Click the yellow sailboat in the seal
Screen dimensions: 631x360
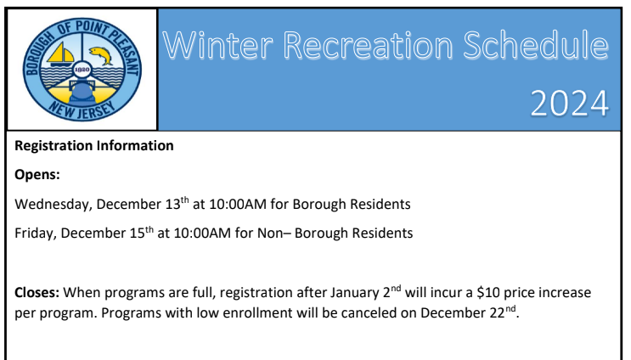pos(60,53)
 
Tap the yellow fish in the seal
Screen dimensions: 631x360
pos(101,55)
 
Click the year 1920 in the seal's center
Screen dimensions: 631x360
pos(82,70)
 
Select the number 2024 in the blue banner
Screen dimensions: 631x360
pos(570,104)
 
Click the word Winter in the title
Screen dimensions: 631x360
pos(217,45)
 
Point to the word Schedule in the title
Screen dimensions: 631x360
pos(536,45)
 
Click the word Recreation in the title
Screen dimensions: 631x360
pos(368,45)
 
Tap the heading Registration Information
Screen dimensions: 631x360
pos(94,145)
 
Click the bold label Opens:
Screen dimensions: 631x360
pos(37,175)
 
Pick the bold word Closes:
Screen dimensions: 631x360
pos(37,292)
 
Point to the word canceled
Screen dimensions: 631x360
pos(362,313)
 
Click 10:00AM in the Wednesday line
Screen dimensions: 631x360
pos(238,205)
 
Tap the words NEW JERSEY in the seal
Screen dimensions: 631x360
pos(82,110)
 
